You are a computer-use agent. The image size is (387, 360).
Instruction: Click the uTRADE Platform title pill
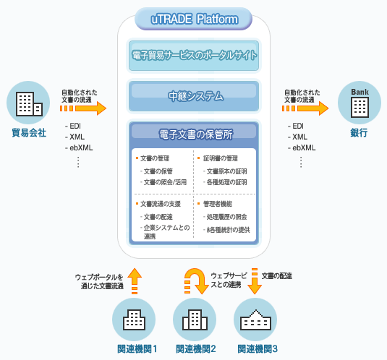[194, 19]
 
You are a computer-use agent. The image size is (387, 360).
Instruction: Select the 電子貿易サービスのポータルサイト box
[194, 56]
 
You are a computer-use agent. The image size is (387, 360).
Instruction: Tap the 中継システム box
[194, 96]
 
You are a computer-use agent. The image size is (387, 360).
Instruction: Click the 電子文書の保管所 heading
[196, 134]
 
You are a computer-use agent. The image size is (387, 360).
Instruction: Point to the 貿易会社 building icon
[28, 103]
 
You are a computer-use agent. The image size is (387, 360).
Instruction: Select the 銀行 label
[359, 133]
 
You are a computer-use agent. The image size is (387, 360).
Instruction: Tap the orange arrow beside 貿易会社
[83, 108]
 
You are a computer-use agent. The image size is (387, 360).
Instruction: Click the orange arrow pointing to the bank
[305, 108]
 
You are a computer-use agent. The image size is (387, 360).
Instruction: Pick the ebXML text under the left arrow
[81, 147]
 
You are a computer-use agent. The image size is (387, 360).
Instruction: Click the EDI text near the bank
[298, 126]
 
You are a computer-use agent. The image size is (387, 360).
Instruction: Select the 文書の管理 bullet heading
[155, 158]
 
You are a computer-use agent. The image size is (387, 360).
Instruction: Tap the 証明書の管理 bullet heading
[221, 158]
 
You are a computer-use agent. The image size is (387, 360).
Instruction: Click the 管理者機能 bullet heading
[218, 204]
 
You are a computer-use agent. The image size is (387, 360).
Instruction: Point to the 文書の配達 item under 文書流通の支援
[158, 217]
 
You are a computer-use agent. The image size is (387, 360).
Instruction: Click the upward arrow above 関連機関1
[135, 281]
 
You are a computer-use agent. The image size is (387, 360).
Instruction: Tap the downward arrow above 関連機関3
[255, 281]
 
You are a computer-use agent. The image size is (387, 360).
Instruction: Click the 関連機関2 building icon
[195, 320]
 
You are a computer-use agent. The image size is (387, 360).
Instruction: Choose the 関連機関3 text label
[258, 349]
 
